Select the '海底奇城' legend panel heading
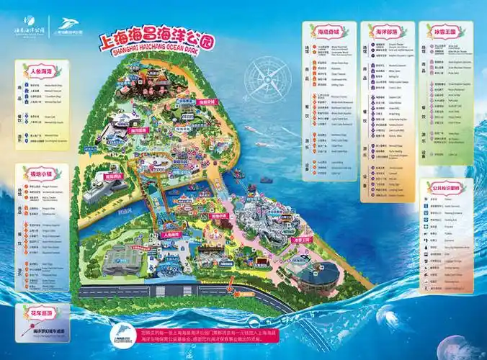tap(325, 32)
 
